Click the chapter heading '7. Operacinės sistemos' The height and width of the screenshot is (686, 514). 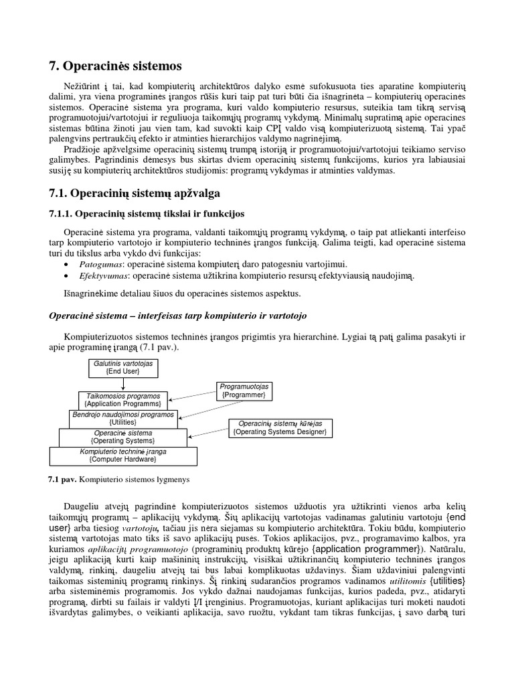pyautogui.click(x=114, y=66)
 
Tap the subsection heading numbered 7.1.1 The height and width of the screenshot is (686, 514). pyautogui.click(x=147, y=214)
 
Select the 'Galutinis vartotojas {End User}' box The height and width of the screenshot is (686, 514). pyautogui.click(x=123, y=367)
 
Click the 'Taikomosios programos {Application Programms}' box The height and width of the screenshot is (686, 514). pyautogui.click(x=123, y=400)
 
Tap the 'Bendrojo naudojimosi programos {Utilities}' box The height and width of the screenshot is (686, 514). pyautogui.click(x=123, y=419)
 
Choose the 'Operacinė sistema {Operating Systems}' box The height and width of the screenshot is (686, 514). pyautogui.click(x=123, y=437)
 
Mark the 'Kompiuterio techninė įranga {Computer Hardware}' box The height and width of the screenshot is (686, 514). pyautogui.click(x=123, y=456)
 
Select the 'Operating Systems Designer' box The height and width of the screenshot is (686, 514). pyautogui.click(x=280, y=428)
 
